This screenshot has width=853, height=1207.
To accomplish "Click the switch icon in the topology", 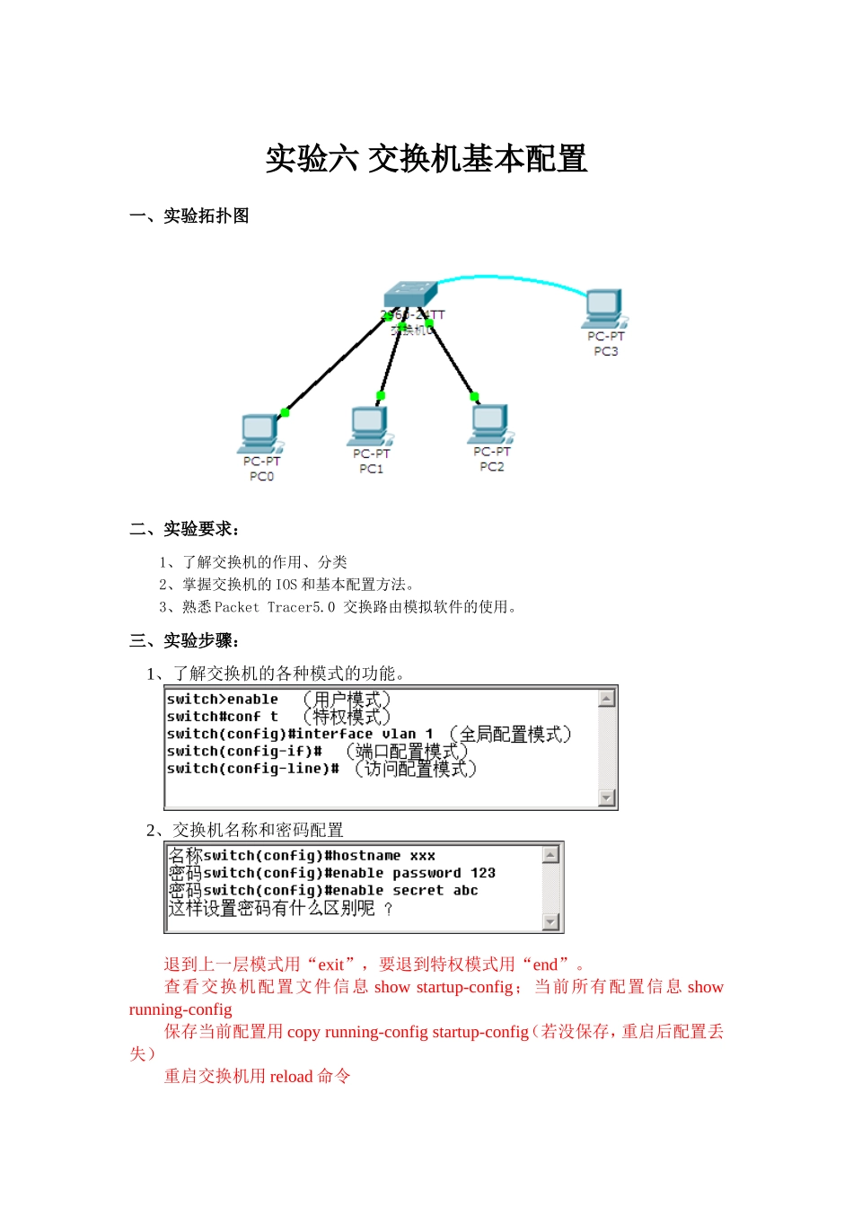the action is pos(409,295).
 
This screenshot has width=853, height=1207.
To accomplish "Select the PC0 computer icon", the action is pos(260,433).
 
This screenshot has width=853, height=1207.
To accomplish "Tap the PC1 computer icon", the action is pos(370,426).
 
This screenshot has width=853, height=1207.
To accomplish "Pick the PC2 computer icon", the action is pos(490,424).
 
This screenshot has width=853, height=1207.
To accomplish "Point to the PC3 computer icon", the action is pos(604,309).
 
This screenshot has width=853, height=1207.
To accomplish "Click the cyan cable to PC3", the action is pos(512,277).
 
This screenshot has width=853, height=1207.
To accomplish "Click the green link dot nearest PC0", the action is pos(285,412).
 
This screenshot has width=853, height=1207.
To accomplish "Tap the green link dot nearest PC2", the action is pos(474,396).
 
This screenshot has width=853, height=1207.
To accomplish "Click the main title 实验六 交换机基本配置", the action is pos(426,159).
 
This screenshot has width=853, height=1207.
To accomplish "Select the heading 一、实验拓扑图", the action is pos(189,216).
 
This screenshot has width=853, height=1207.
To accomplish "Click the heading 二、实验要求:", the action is pos(185,529).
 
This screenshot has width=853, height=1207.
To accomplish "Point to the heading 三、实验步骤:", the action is pos(185,640).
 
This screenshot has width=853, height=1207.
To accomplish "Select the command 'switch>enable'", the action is pos(223,700).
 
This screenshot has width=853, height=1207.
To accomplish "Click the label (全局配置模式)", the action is pos(510,735).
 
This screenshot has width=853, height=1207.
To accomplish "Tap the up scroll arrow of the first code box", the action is pos(607,699).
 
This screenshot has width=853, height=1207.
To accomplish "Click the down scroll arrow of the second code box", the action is pos(551,921).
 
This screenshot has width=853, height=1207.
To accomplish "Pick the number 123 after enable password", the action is pos(483,873).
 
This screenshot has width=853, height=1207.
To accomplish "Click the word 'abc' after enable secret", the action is pos(465,891).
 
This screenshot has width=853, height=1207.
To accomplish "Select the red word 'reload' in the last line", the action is pos(291,1076).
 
